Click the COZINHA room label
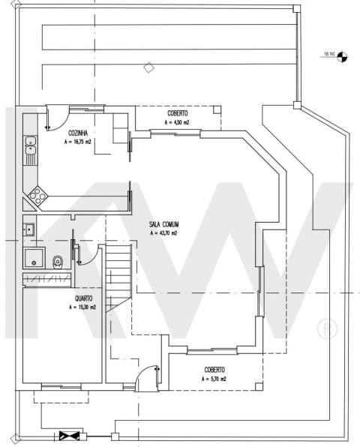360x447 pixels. click(78, 133)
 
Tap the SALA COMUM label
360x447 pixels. click(164, 224)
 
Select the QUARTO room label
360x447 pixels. click(83, 298)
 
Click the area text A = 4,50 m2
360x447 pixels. click(177, 122)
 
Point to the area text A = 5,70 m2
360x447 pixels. click(214, 379)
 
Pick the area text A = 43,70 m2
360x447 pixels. click(164, 233)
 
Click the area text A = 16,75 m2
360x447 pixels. click(77, 142)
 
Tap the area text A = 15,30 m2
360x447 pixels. click(82, 307)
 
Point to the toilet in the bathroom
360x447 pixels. click(57, 262)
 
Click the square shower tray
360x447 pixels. click(34, 258)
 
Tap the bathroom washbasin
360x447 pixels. click(28, 229)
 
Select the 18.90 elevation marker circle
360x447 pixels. click(342, 56)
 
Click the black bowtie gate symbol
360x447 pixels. click(69, 436)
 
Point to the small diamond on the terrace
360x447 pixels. click(148, 67)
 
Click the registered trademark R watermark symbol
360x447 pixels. click(327, 328)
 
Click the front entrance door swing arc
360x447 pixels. click(142, 370)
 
